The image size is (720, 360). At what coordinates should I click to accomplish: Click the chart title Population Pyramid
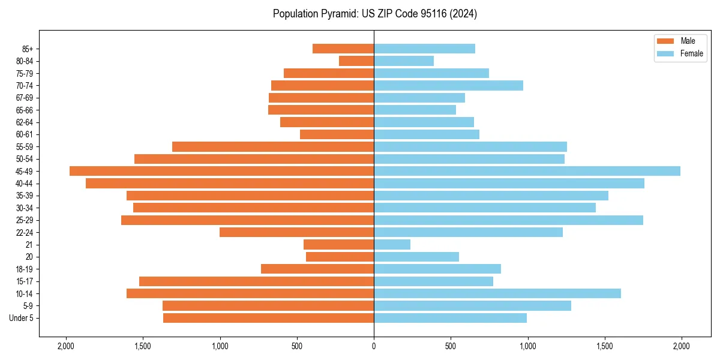tap(375, 14)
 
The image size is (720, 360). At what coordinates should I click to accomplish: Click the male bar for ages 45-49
tap(222, 171)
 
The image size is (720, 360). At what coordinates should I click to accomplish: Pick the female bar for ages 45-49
tap(527, 171)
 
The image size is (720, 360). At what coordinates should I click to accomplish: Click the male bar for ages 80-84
tap(356, 61)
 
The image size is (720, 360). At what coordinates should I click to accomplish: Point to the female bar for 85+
tap(424, 49)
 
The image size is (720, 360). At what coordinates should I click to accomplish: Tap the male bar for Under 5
tap(268, 318)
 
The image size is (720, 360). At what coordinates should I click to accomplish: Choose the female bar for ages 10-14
tap(497, 293)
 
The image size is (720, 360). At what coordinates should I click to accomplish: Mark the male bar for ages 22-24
tap(296, 232)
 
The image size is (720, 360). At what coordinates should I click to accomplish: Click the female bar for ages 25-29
tap(508, 220)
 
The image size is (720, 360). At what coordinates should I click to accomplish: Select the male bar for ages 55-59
tap(273, 146)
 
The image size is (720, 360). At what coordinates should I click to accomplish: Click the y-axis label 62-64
tap(25, 122)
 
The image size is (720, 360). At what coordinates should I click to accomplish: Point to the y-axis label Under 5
tap(22, 318)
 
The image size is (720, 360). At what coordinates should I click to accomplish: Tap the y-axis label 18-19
tap(25, 269)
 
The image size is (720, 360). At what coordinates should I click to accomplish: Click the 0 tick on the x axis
tap(374, 346)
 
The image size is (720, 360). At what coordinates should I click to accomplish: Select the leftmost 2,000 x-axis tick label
tap(65, 346)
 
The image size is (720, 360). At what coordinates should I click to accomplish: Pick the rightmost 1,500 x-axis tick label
tap(605, 346)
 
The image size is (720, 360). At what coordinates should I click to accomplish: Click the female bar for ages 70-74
tap(448, 85)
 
